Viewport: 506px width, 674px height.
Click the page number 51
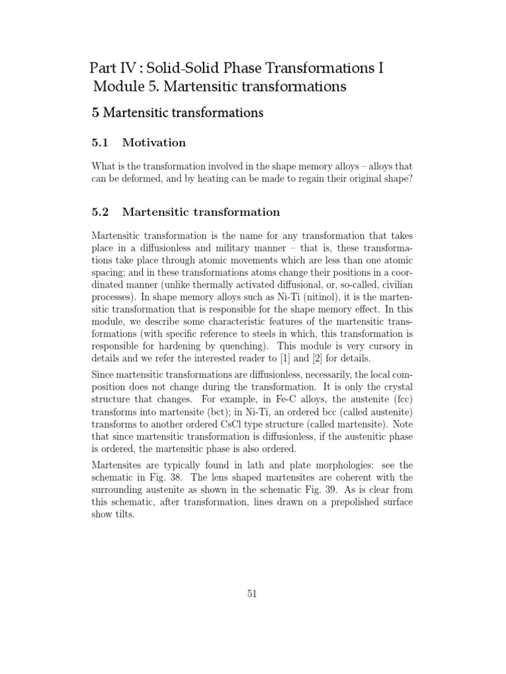[252, 593]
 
